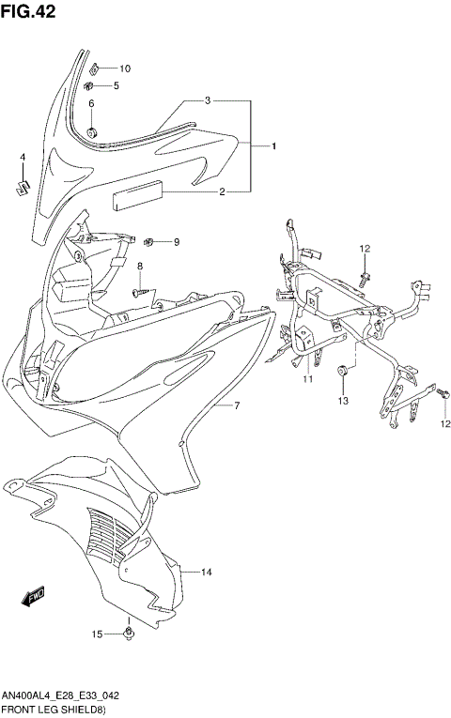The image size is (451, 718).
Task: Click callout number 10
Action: [125, 68]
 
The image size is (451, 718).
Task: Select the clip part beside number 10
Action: [98, 68]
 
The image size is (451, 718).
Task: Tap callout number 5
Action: [117, 86]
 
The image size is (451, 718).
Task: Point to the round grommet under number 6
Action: [93, 129]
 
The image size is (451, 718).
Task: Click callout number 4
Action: [23, 157]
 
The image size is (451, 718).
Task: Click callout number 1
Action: [273, 146]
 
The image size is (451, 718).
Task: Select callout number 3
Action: [208, 99]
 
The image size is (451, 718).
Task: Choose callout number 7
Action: [238, 406]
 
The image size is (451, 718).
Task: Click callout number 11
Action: [306, 379]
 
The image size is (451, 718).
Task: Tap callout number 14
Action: [207, 572]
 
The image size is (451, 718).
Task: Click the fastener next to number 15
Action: [128, 635]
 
